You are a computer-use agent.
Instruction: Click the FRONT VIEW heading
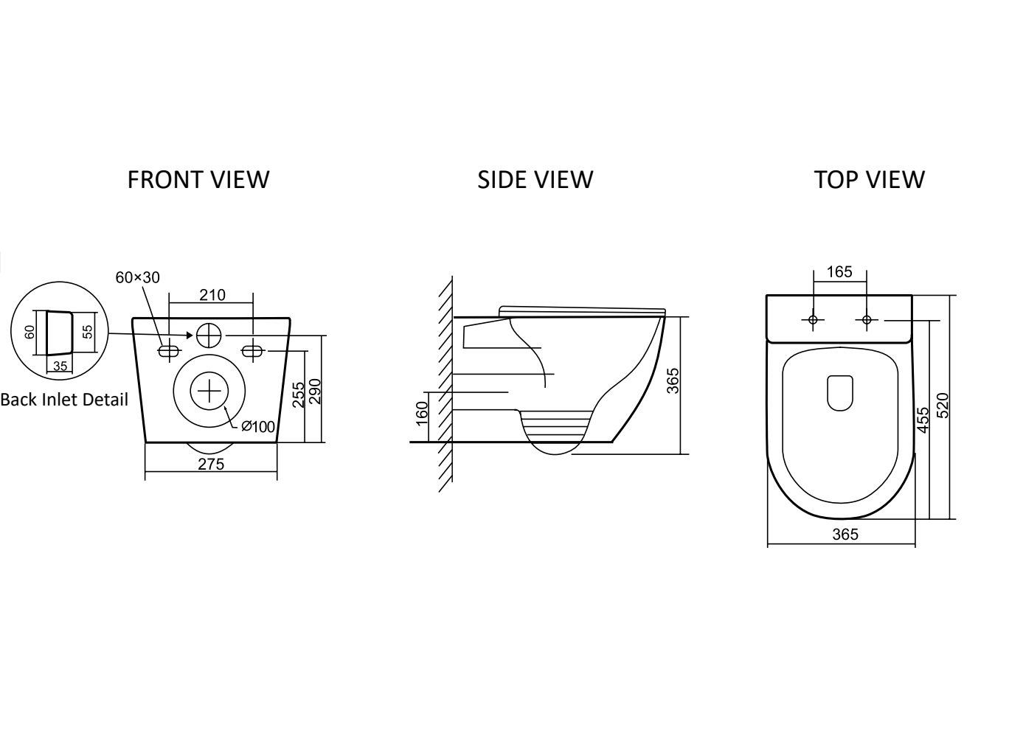198,179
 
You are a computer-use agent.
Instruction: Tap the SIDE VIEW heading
535,179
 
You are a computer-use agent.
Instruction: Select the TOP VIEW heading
870,179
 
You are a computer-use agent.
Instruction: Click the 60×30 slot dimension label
137,277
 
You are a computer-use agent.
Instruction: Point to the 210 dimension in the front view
212,295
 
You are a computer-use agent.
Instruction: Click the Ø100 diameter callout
257,426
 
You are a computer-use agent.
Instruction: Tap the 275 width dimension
211,464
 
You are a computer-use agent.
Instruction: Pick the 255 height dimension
299,394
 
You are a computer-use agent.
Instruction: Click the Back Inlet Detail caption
64,400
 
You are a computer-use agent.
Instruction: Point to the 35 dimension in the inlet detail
60,366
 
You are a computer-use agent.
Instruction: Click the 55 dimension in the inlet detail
88,332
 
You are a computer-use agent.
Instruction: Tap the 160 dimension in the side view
422,414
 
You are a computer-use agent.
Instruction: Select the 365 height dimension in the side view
673,380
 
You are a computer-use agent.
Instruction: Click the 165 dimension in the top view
839,271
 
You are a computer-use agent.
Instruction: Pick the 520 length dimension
943,406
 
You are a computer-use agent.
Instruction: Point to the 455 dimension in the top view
923,420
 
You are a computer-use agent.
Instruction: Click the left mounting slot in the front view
170,350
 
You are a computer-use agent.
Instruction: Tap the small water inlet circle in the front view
209,336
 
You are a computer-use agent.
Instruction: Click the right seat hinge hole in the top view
867,320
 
